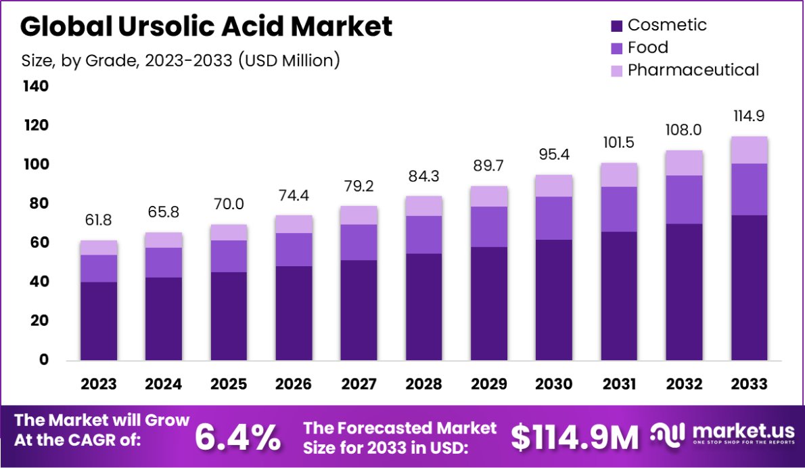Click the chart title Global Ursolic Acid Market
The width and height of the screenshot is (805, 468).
(206, 26)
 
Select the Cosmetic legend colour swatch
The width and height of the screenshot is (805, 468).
(616, 26)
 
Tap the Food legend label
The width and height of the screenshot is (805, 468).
(647, 47)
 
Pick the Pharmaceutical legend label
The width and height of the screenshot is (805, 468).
(693, 70)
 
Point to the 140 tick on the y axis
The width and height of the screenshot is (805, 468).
(35, 87)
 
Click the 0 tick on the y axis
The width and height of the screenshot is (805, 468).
(43, 360)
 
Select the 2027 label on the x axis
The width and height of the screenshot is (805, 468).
(359, 384)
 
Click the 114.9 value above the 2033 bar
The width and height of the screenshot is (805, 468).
(749, 116)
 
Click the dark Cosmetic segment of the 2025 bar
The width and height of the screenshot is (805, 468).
(229, 316)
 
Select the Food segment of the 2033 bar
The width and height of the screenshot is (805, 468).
(749, 189)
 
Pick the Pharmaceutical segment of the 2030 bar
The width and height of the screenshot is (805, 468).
(553, 186)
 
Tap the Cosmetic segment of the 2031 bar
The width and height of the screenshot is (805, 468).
(618, 295)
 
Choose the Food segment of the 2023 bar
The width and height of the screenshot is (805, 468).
(99, 268)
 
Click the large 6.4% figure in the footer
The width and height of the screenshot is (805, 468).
(237, 438)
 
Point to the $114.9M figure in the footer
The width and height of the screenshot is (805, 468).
(574, 438)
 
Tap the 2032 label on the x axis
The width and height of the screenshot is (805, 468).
(684, 384)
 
